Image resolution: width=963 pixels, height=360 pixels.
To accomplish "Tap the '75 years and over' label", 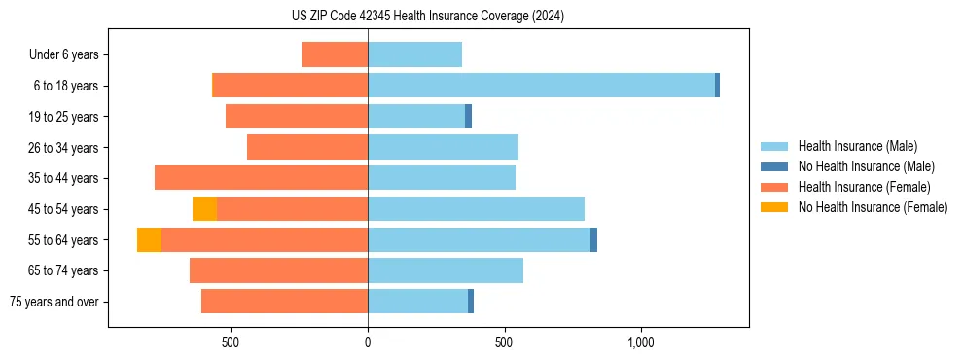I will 54,302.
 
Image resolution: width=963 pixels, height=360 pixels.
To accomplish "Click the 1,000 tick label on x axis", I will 640,342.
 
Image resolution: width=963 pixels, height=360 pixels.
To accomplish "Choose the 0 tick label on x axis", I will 368,342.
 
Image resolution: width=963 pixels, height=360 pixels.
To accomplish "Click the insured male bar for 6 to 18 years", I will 541,86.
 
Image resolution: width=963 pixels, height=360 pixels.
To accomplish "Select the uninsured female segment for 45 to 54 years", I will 204,209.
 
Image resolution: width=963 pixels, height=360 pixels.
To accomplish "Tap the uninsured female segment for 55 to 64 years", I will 149,240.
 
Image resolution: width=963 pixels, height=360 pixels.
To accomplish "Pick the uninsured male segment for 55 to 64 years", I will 593,240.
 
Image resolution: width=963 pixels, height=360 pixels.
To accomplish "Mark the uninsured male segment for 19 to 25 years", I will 468,117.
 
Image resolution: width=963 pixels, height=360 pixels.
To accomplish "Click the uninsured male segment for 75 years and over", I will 471,302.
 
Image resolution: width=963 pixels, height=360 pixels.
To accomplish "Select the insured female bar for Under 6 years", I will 335,54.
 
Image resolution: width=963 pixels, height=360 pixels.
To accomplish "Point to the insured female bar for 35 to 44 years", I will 261,178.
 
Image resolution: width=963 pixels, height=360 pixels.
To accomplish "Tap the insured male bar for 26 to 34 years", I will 443,147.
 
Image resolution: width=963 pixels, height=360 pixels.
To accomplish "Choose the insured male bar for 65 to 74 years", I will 446,270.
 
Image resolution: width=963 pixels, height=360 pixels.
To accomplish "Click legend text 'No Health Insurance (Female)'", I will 873,207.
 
